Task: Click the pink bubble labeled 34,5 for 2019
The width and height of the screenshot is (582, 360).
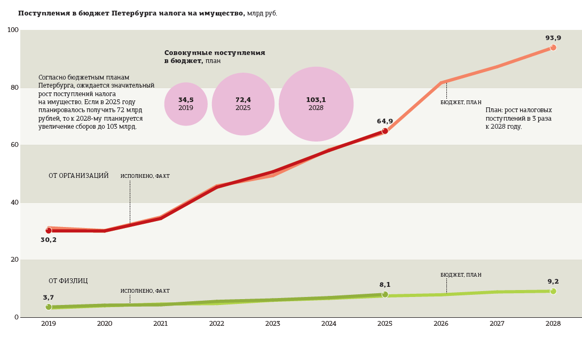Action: [186, 104]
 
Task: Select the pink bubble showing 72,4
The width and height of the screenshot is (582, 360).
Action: [243, 104]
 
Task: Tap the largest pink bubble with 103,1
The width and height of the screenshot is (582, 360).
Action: [316, 104]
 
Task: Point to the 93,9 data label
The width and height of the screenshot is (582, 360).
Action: [553, 38]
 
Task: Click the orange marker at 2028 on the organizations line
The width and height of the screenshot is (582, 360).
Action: [553, 48]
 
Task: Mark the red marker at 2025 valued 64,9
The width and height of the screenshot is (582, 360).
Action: [385, 131]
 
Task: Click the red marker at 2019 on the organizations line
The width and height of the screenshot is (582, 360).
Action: [49, 231]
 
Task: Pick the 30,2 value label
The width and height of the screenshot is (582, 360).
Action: [49, 240]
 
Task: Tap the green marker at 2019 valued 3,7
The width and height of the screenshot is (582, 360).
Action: [49, 307]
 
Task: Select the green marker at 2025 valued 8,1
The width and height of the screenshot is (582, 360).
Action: [385, 294]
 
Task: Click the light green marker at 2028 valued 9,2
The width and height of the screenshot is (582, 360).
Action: [553, 291]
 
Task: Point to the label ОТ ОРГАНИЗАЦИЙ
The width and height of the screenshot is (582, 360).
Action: [78, 176]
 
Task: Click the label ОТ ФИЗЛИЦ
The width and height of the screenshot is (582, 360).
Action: [68, 281]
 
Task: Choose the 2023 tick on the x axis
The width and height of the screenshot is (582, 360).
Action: [273, 324]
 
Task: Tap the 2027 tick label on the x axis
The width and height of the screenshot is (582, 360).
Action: [497, 324]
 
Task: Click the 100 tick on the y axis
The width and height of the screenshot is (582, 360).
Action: [13, 30]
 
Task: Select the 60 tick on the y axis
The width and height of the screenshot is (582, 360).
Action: [14, 145]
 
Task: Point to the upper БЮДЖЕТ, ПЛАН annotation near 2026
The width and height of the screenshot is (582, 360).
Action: [461, 103]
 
